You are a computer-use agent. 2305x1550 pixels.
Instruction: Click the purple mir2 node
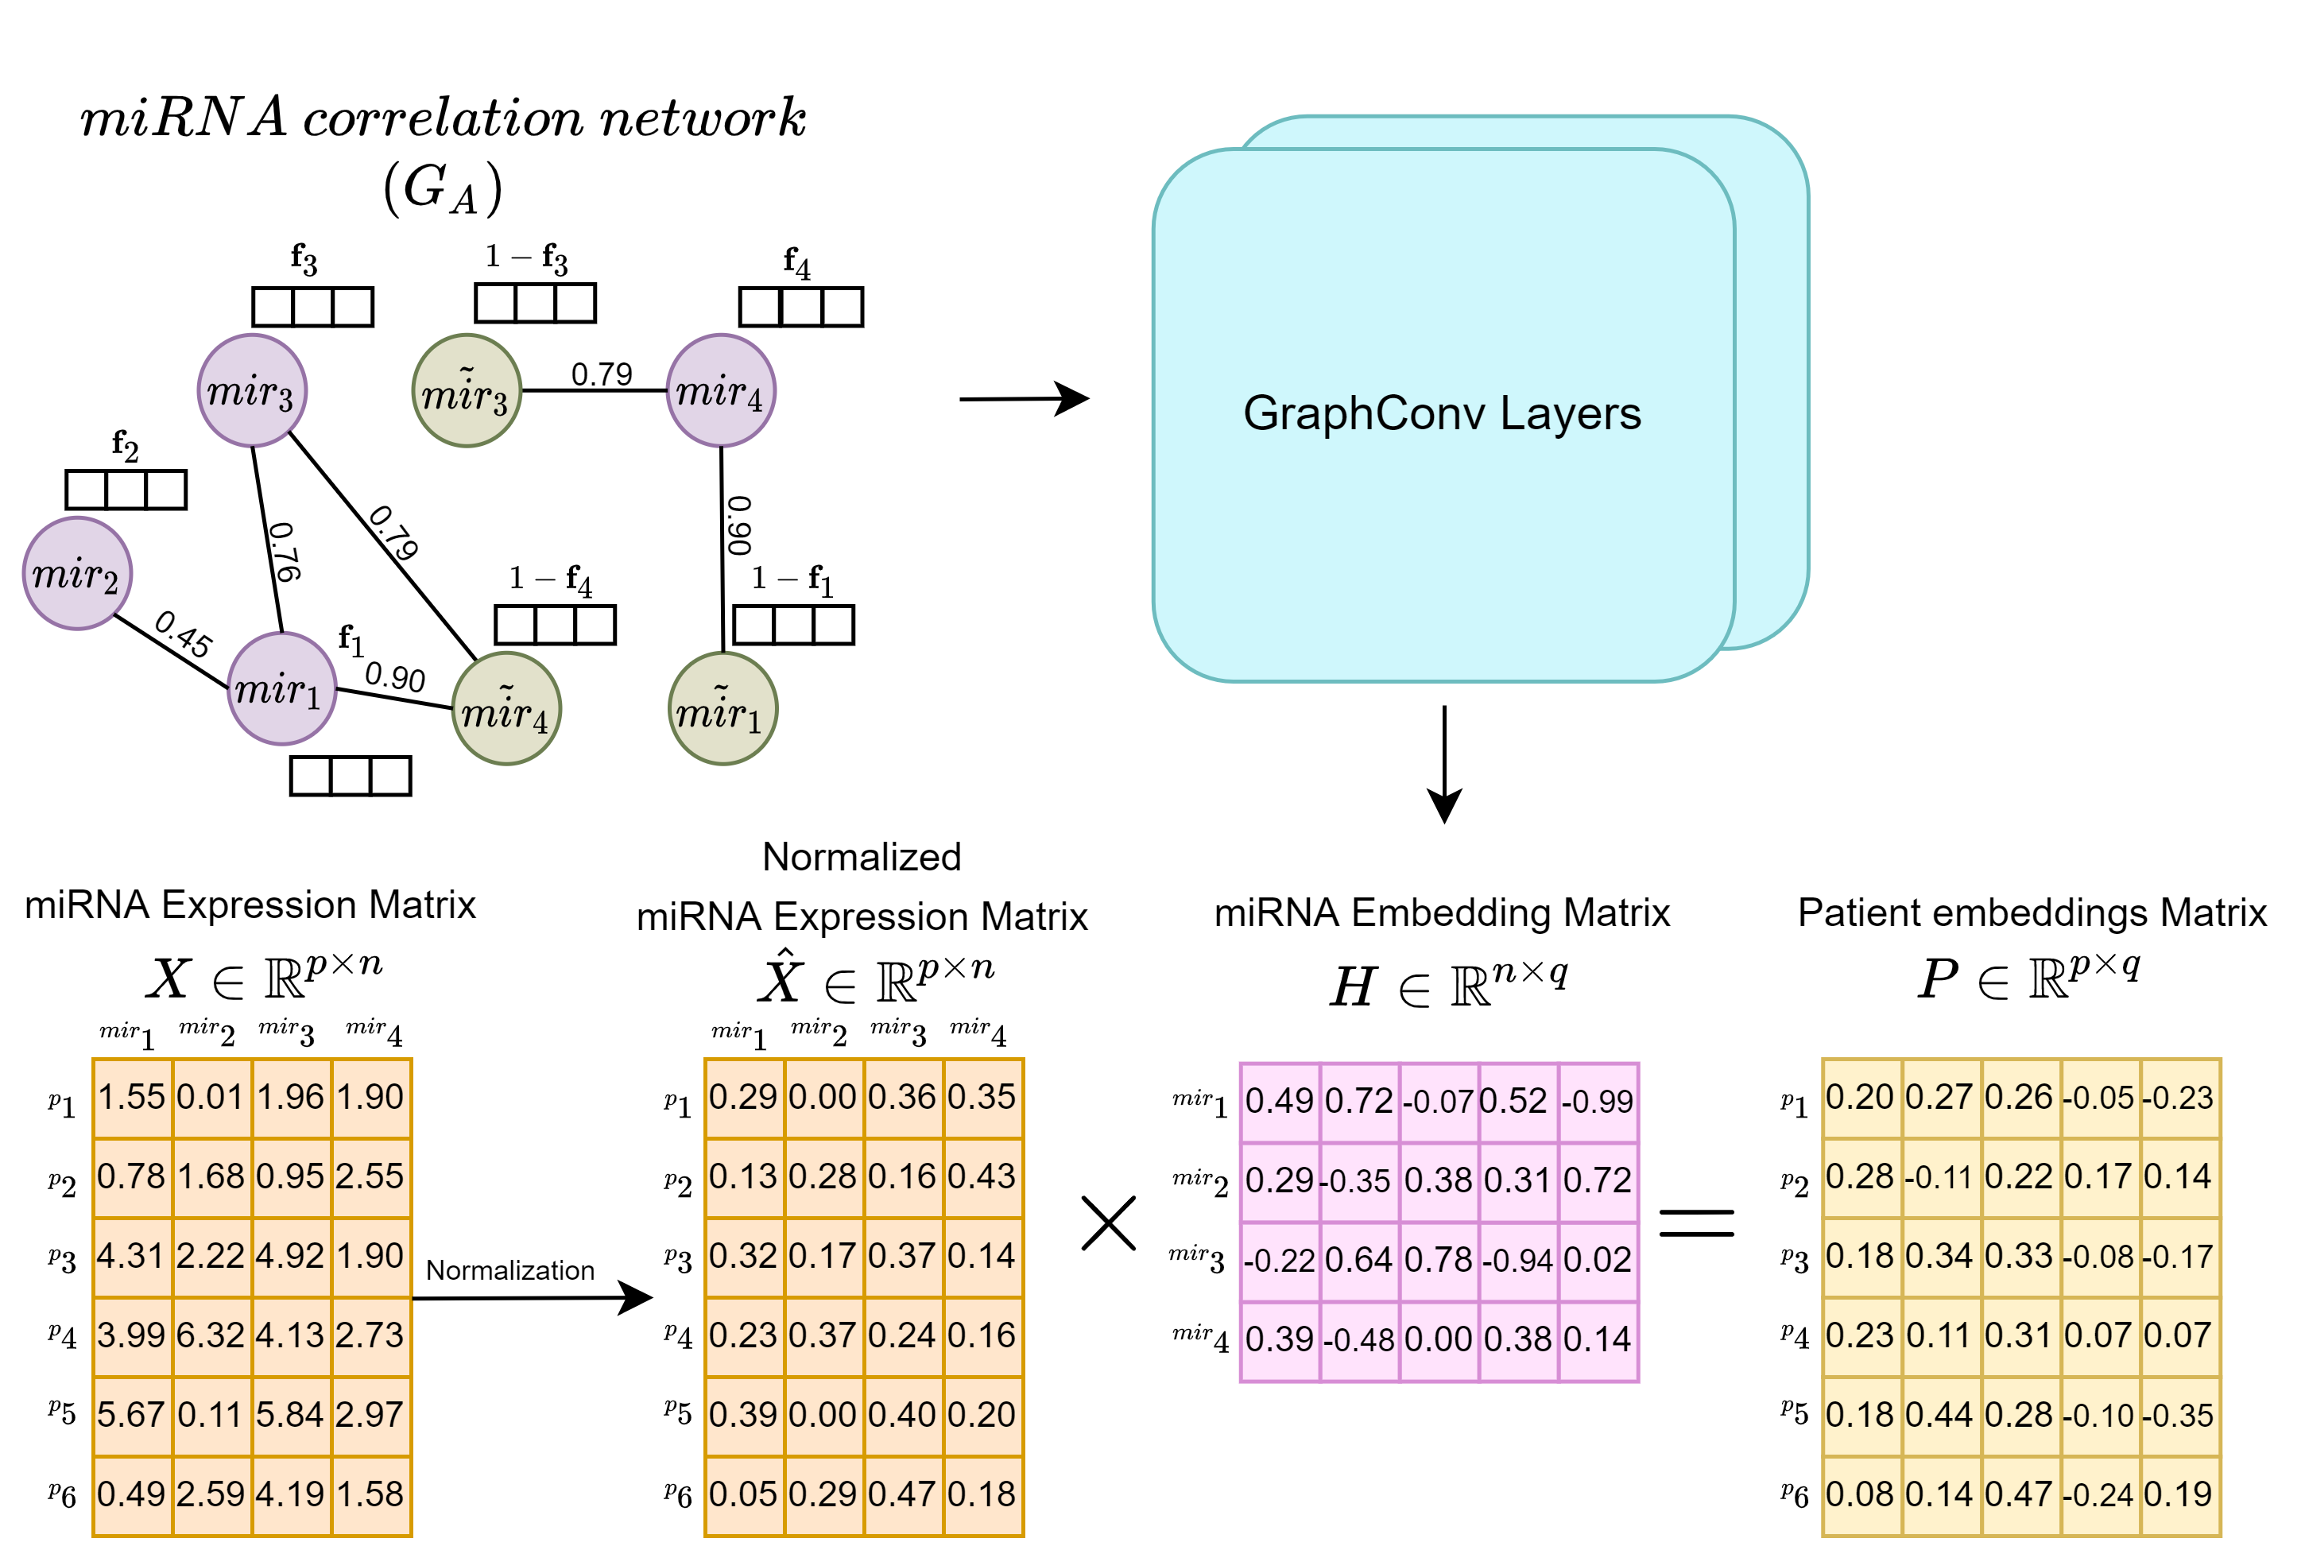tap(77, 573)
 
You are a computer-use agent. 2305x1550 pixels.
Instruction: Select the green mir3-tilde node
tap(467, 390)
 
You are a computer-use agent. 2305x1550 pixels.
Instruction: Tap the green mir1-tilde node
tap(722, 709)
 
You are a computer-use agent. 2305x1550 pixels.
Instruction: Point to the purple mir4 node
tap(721, 390)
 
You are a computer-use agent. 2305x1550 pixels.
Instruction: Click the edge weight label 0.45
tap(184, 634)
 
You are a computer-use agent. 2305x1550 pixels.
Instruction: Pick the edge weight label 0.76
tap(285, 552)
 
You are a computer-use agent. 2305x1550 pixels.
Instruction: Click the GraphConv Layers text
tap(1442, 413)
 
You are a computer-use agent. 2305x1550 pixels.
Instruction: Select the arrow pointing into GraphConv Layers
tap(1024, 399)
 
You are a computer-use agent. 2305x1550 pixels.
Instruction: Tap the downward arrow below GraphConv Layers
tap(1444, 764)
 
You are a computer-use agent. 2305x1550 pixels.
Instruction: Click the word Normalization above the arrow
tap(510, 1270)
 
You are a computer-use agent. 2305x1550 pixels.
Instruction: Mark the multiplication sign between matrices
tap(1109, 1223)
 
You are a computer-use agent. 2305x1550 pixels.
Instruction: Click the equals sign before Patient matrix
tap(1696, 1223)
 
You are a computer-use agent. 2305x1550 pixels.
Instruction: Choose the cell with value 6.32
tap(211, 1336)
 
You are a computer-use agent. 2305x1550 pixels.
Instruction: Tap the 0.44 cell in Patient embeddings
tap(1941, 1416)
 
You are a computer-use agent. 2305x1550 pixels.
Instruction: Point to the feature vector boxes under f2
tap(126, 490)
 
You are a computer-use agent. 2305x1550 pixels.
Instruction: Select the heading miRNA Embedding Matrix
tap(1442, 913)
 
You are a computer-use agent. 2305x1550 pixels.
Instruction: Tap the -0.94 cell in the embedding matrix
tap(1518, 1261)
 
